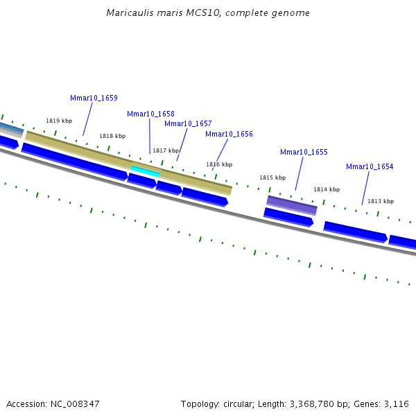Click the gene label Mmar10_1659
click(94, 98)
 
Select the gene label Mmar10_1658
click(150, 114)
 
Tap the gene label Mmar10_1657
click(188, 123)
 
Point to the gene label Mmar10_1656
click(229, 134)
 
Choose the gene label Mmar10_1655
click(304, 152)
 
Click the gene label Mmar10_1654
click(370, 166)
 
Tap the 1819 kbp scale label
click(59, 121)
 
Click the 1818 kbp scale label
click(112, 136)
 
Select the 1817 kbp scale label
click(166, 150)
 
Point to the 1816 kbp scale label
click(219, 164)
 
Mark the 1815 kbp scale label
click(272, 177)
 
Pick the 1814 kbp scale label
click(327, 189)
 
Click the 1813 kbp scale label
click(381, 201)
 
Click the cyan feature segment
click(145, 171)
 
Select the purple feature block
click(292, 205)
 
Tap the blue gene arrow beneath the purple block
click(288, 217)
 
